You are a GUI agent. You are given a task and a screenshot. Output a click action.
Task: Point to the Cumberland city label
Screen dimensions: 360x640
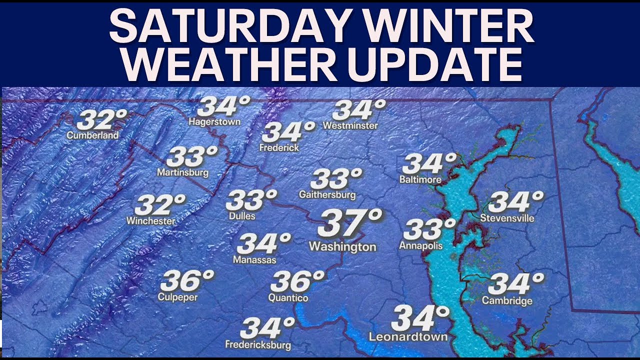tap(93, 135)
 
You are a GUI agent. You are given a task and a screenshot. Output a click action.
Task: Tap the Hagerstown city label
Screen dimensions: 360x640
tap(214, 121)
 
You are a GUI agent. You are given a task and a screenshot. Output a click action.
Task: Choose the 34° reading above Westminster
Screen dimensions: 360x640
tap(359, 110)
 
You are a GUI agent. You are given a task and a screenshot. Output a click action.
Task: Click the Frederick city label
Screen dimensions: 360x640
tap(279, 147)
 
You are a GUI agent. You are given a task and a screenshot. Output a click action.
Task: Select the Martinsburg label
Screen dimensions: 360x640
tap(182, 173)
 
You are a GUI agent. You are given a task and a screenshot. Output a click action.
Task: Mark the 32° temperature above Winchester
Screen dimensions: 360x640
tap(159, 205)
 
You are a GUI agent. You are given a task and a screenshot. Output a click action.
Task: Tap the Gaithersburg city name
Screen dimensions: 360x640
tap(327, 194)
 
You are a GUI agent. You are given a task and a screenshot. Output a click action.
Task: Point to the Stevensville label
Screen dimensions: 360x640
tap(507, 218)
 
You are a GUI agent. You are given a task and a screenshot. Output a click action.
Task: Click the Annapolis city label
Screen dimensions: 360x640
tap(420, 245)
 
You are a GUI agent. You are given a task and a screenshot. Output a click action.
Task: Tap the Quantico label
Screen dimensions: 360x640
tap(288, 298)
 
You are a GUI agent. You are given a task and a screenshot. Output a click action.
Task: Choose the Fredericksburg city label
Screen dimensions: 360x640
tap(258, 344)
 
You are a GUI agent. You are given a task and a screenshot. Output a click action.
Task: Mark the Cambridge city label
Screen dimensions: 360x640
tap(507, 300)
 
